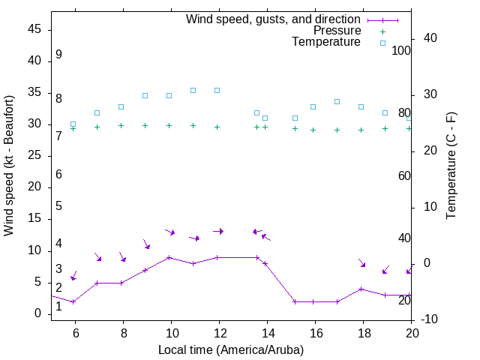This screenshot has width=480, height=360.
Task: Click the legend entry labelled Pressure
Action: [x=337, y=31]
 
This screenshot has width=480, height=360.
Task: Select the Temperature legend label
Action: [x=326, y=42]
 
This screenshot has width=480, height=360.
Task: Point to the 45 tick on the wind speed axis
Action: [x=34, y=29]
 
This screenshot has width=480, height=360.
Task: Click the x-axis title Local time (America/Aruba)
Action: [x=231, y=349]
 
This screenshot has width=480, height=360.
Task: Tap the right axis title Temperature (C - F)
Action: [x=451, y=166]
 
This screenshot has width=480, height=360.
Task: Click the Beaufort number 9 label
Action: [x=58, y=55]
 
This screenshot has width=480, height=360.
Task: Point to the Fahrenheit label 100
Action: [x=401, y=50]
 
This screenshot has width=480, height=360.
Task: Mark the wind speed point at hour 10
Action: [x=169, y=257]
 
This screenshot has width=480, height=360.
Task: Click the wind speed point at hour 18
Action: [x=361, y=289]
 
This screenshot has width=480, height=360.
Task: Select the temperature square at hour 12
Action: [x=217, y=90]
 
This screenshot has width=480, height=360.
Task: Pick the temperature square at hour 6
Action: [x=73, y=124]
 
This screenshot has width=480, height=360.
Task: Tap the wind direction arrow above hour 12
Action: [x=217, y=231]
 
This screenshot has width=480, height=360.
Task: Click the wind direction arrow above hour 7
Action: [x=97, y=257]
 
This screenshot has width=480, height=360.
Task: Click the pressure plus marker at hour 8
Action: [x=121, y=125]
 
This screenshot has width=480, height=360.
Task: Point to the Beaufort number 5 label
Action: [x=58, y=205]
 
